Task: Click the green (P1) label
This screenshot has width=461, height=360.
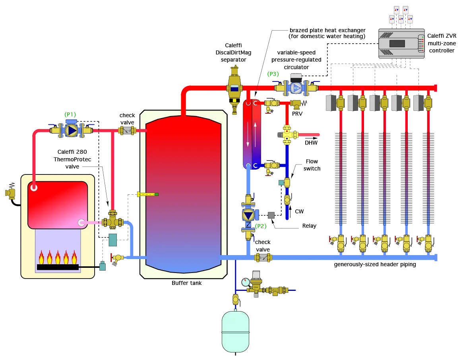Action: (x=70, y=114)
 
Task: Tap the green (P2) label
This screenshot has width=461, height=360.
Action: (x=261, y=226)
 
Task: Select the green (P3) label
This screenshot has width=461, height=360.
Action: (x=273, y=74)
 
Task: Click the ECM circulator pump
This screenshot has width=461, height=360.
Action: (x=296, y=88)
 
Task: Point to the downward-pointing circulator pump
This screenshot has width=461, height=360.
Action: (x=248, y=215)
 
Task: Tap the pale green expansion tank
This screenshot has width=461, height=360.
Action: (x=235, y=331)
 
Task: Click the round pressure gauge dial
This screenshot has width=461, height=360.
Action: (x=246, y=282)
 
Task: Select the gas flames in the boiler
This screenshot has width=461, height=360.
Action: (x=58, y=257)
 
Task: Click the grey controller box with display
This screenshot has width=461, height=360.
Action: (x=401, y=44)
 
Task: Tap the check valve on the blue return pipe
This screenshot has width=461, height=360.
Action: (x=262, y=257)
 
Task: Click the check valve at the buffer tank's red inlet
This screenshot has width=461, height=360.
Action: (x=127, y=130)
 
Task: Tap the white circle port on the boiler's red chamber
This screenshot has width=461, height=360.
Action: (x=34, y=188)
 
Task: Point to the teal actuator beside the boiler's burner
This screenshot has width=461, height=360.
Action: (x=103, y=266)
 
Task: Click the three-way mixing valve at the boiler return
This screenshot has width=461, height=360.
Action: (x=112, y=222)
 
